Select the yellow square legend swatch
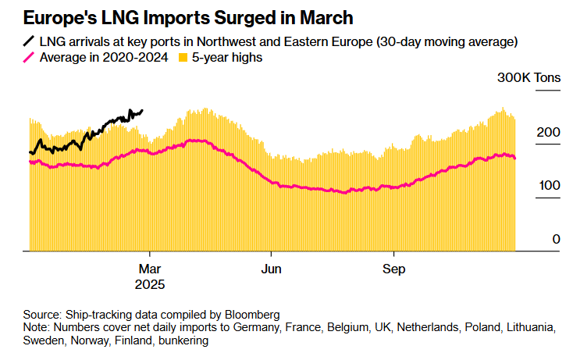point(183,57)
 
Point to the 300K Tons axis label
point(529,79)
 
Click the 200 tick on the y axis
point(549,134)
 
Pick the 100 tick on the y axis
point(549,187)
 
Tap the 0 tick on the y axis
point(556,239)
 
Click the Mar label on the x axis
point(149,266)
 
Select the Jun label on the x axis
point(271,266)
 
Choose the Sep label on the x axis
point(393,266)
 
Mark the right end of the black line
point(142,111)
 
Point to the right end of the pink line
point(514,159)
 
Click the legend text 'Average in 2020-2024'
point(103,57)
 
